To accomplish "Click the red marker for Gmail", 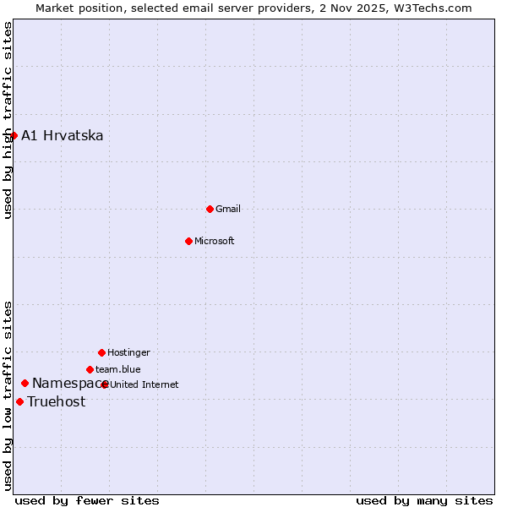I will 210,209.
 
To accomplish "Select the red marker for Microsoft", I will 189,241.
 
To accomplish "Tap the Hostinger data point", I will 101,352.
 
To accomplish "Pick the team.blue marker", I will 90,369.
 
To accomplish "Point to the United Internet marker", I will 105,384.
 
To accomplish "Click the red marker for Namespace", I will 25,384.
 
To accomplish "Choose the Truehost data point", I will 19,401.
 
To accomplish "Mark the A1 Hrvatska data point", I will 14,135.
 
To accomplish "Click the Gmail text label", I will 228,209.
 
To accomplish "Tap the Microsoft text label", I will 215,241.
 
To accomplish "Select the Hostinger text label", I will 128,352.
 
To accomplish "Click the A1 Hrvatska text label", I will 63,135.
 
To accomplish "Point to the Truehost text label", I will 57,401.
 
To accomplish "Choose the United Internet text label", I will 144,384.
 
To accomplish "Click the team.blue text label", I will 118,369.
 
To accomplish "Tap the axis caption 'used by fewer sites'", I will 87,500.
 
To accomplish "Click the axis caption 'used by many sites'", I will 424,500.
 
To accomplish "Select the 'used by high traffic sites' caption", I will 8,120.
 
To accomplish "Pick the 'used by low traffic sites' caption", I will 8,395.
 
